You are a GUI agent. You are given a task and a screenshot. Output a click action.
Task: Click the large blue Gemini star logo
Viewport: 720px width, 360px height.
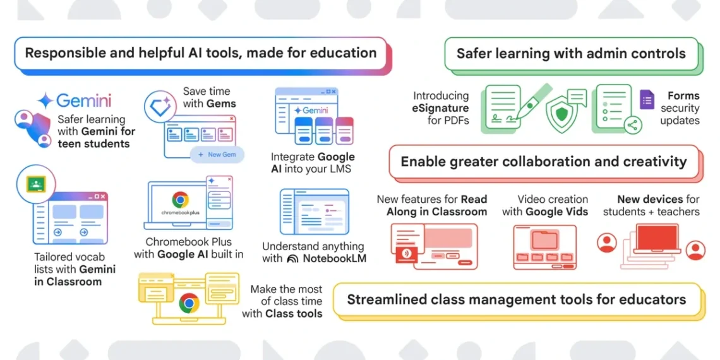coord(46,100)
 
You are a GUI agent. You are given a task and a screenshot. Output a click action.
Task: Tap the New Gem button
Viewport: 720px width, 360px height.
coord(217,155)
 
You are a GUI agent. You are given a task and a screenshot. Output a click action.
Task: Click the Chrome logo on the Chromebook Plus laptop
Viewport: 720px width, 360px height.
coord(180,200)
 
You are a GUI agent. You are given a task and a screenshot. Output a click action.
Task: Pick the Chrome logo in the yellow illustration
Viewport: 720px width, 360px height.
coord(189,303)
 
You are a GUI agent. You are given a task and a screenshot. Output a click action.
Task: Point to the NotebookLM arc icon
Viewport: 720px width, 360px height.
coord(292,259)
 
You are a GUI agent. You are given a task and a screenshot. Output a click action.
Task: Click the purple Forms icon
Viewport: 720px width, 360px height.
coord(647,100)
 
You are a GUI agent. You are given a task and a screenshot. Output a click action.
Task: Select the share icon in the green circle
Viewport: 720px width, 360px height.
coord(632,124)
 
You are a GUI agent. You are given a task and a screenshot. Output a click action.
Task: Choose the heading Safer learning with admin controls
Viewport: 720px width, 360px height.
coord(571,54)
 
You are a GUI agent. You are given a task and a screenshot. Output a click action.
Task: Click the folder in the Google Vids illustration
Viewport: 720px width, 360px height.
coord(544,240)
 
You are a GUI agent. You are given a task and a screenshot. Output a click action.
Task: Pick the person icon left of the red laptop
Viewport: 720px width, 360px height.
coord(607,242)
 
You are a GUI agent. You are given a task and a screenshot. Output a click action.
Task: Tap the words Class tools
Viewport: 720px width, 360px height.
coord(294,314)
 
